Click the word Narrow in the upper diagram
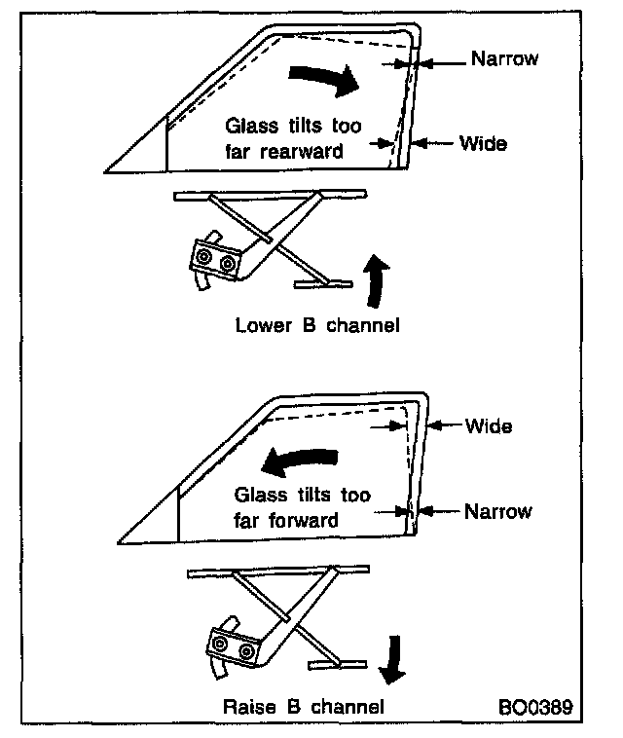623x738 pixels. tap(504, 58)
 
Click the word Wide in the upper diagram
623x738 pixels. tap(483, 143)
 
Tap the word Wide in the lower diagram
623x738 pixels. tap(488, 425)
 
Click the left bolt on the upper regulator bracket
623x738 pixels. tap(204, 257)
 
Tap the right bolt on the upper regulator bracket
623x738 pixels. tap(229, 263)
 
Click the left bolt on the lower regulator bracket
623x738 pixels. tap(221, 645)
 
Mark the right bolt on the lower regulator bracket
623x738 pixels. tap(245, 650)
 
